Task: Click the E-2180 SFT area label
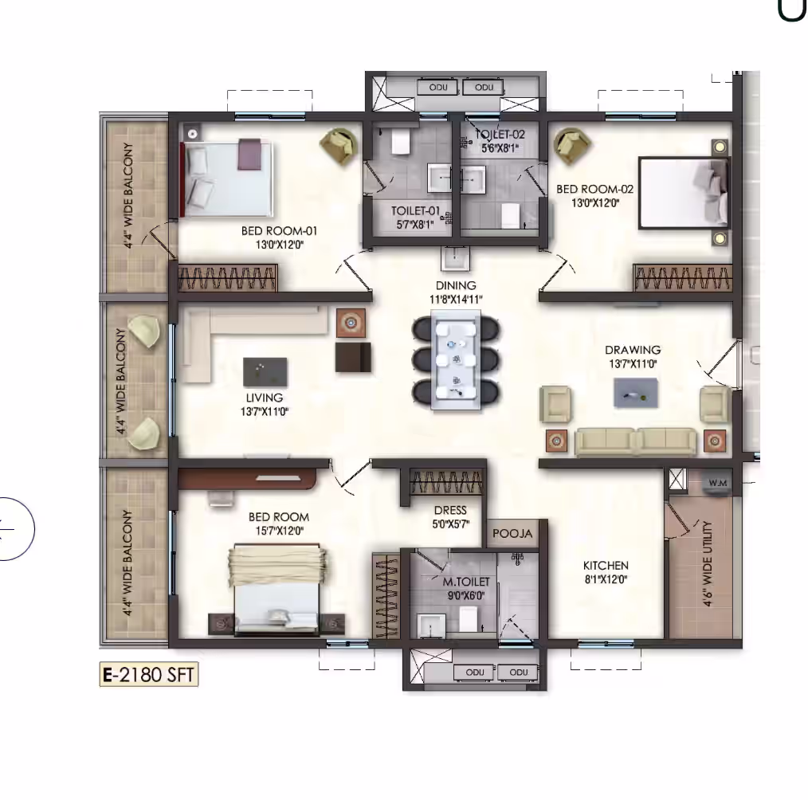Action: coord(148,674)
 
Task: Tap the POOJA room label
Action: coord(512,533)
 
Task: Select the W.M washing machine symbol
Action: coord(717,483)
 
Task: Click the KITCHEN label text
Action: coord(606,565)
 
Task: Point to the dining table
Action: coord(456,360)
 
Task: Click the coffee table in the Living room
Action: coord(265,371)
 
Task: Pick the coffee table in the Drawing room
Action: coord(635,393)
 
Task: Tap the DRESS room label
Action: coord(450,510)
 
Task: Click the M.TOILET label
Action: coord(466,582)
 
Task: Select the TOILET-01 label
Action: coord(415,210)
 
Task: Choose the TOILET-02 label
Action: coord(500,135)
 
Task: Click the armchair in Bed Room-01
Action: coord(339,147)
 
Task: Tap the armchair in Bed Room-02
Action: coord(571,147)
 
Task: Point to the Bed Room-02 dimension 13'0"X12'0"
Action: coord(595,203)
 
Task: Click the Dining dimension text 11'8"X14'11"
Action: coord(456,300)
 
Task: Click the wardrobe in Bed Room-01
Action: coord(228,278)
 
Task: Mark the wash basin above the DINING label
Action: coord(456,258)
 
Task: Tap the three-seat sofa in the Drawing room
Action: coord(635,441)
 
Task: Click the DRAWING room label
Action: coord(633,350)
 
